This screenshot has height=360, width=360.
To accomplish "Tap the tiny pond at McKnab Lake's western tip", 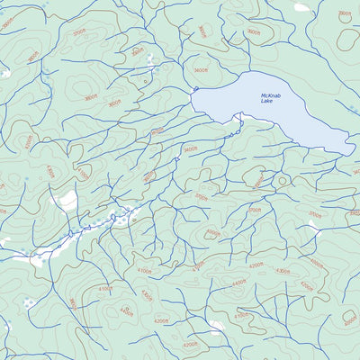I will tap(194, 89).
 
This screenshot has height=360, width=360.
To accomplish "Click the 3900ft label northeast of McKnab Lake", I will tap(344, 14).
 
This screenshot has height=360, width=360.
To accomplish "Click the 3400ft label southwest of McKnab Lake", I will tap(190, 149).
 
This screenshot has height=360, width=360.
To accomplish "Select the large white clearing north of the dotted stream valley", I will tap(65, 199).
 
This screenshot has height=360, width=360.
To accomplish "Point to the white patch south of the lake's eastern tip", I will tap(314, 225).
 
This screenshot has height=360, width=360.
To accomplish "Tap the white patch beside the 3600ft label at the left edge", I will tap(4, 72).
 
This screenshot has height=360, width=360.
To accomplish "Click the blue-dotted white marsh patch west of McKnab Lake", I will tap(148, 67).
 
